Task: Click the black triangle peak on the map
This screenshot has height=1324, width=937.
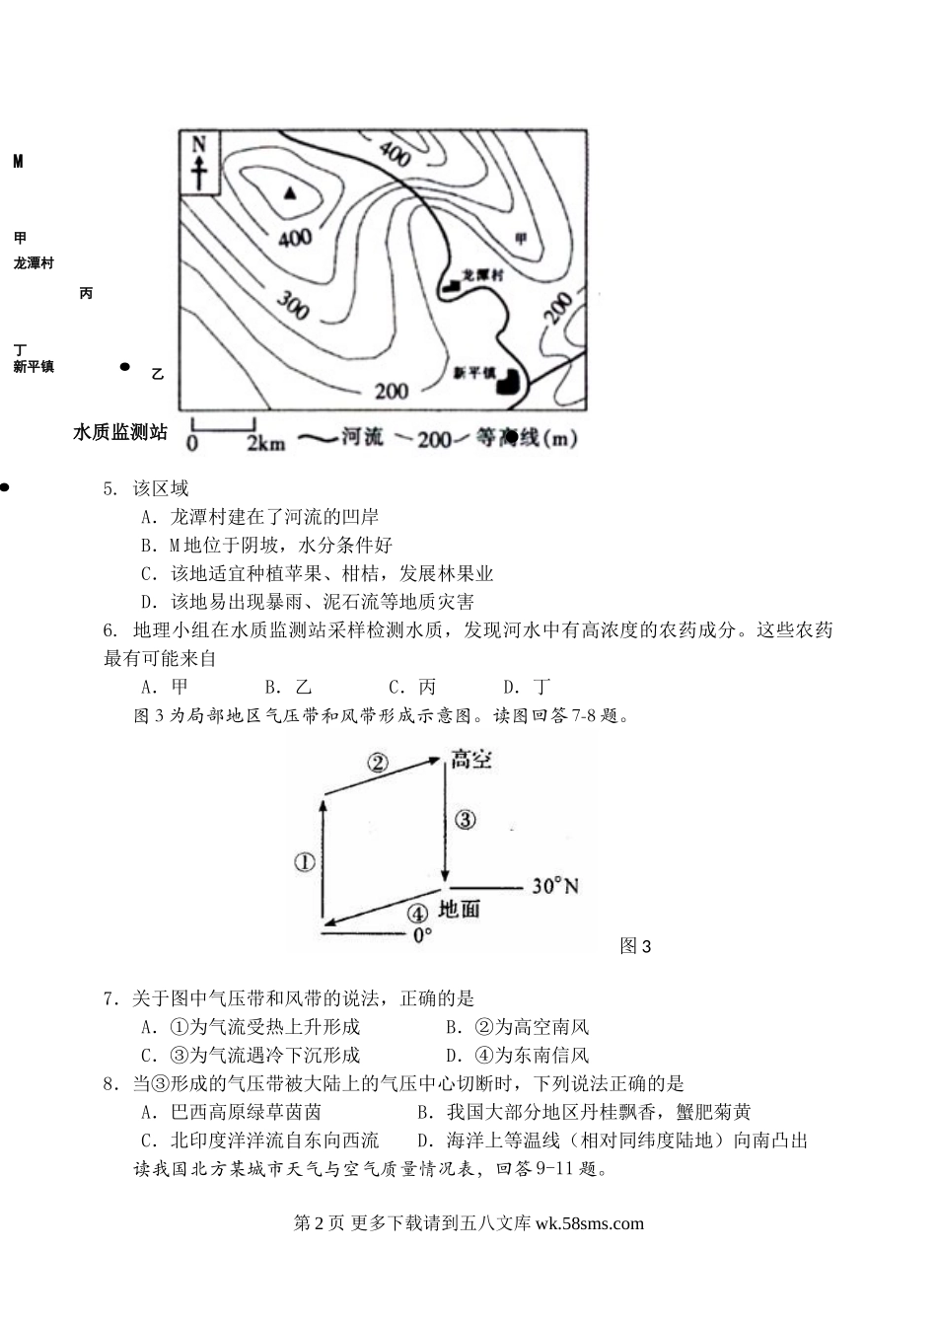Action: (x=289, y=193)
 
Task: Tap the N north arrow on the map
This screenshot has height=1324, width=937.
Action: (x=200, y=162)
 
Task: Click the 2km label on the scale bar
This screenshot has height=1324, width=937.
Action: (x=265, y=442)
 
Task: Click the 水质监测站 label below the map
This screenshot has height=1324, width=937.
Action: (x=119, y=432)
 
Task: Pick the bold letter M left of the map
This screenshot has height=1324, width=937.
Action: (x=18, y=162)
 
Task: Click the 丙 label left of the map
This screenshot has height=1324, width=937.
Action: (x=86, y=294)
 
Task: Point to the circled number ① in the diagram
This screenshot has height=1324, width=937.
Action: (x=305, y=861)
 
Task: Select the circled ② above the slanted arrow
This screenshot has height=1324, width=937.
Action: (x=379, y=761)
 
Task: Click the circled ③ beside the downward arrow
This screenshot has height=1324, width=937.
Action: (x=465, y=819)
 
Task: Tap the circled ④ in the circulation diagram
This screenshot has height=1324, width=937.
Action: (x=418, y=913)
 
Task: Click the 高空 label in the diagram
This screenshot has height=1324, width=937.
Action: (x=470, y=759)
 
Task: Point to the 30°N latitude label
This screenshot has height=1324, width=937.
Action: (x=555, y=885)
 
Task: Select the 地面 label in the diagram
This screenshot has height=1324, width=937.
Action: (x=459, y=909)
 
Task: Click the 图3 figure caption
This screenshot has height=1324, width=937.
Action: (x=635, y=946)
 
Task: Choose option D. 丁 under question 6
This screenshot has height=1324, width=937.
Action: (x=527, y=687)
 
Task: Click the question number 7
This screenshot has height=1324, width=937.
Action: (x=110, y=998)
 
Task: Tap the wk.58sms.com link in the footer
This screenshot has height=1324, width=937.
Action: (x=589, y=1223)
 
